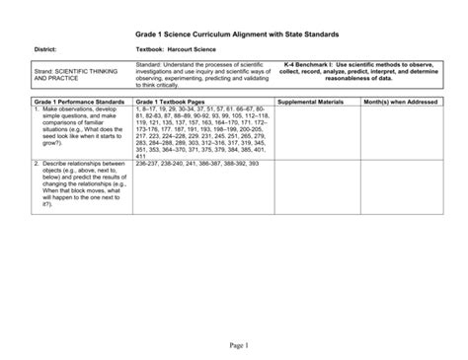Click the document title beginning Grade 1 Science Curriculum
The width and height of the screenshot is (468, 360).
pyautogui.click(x=232, y=30)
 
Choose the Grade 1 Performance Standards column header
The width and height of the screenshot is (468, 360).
pyautogui.click(x=79, y=102)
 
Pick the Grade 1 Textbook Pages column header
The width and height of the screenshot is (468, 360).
pyautogui.click(x=173, y=102)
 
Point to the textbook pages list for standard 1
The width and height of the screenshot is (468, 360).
pyautogui.click(x=202, y=133)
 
